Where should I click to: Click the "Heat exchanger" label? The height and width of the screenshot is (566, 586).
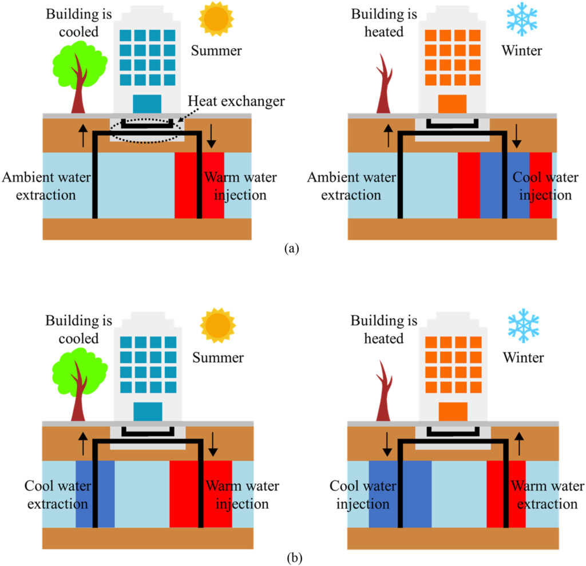click(236, 102)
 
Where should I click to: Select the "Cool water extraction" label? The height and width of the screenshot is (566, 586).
click(56, 495)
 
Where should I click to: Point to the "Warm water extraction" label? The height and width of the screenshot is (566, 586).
click(547, 495)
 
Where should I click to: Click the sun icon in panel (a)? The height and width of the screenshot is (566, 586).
click(216, 18)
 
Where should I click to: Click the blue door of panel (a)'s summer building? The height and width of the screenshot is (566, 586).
click(147, 104)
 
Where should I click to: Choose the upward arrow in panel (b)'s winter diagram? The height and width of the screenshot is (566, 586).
click(519, 445)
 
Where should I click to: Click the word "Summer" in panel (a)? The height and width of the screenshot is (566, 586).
click(216, 51)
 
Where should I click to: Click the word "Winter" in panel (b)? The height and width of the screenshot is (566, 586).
click(522, 358)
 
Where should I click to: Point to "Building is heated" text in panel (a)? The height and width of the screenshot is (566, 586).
click(377, 22)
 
